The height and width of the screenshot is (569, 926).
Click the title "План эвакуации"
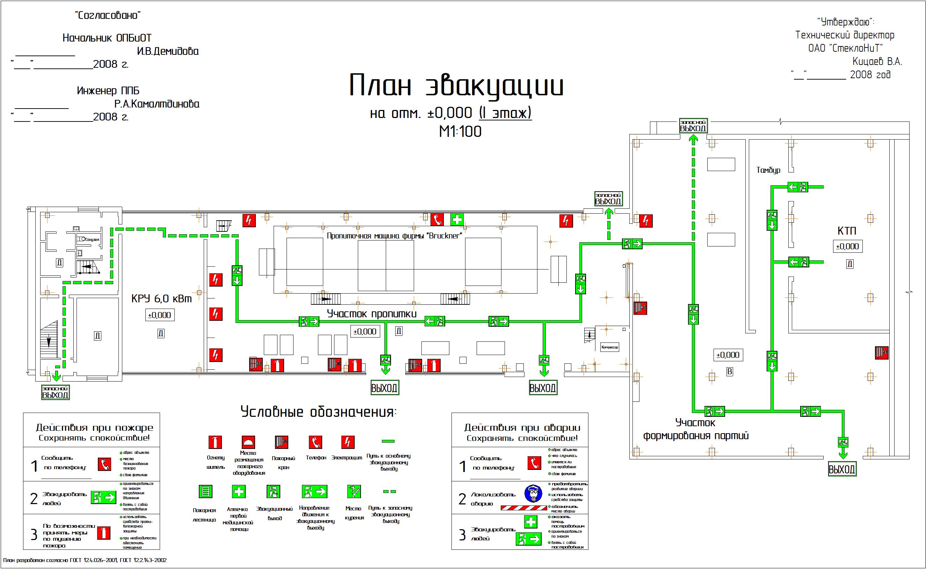[x=456, y=86]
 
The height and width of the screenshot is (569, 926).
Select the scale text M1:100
[x=460, y=132]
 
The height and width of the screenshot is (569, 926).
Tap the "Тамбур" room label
[x=768, y=170]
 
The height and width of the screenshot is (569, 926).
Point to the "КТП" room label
[x=847, y=231]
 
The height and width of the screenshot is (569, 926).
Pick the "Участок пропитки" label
[x=371, y=314]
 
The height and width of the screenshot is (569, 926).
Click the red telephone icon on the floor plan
[x=437, y=219]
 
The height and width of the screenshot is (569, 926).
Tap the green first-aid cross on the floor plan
[x=457, y=219]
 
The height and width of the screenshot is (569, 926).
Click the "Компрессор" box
[x=609, y=347]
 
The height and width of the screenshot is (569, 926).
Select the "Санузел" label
[x=92, y=239]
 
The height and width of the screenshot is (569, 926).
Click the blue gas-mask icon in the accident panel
[x=533, y=493]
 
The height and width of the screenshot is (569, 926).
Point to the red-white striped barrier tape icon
[x=523, y=508]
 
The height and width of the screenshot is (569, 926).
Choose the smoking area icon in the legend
[x=354, y=492]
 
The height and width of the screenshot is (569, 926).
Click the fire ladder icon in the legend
[x=205, y=492]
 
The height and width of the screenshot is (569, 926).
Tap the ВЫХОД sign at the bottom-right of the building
[x=842, y=469]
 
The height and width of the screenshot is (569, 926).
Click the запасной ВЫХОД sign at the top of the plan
[x=693, y=126]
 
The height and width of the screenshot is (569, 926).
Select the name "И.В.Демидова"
[x=168, y=51]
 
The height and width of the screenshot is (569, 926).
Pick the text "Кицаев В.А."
[x=877, y=61]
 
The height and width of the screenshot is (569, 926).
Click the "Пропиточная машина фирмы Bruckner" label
[x=394, y=236]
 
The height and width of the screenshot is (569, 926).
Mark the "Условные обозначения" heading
[x=318, y=412]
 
